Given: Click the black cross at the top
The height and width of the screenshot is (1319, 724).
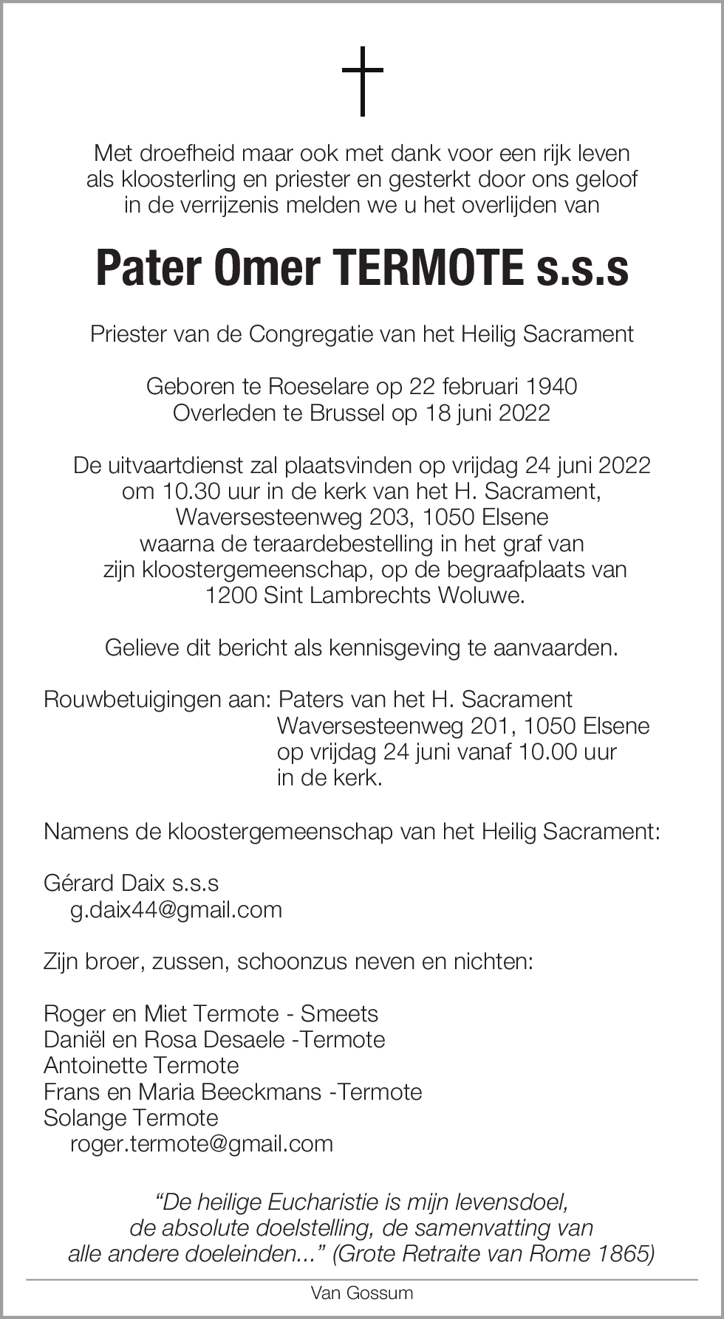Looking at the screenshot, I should click(362, 81).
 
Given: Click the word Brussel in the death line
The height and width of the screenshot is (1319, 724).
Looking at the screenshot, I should click(347, 412).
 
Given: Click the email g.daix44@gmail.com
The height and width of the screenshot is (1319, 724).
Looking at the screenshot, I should click(176, 909).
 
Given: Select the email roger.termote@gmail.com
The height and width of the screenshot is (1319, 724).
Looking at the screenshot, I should click(201, 1143).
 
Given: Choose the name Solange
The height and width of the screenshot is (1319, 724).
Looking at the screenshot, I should click(86, 1117).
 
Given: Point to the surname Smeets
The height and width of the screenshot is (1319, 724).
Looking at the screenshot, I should click(339, 1013).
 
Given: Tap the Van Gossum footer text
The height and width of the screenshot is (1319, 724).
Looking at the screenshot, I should click(362, 1293).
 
